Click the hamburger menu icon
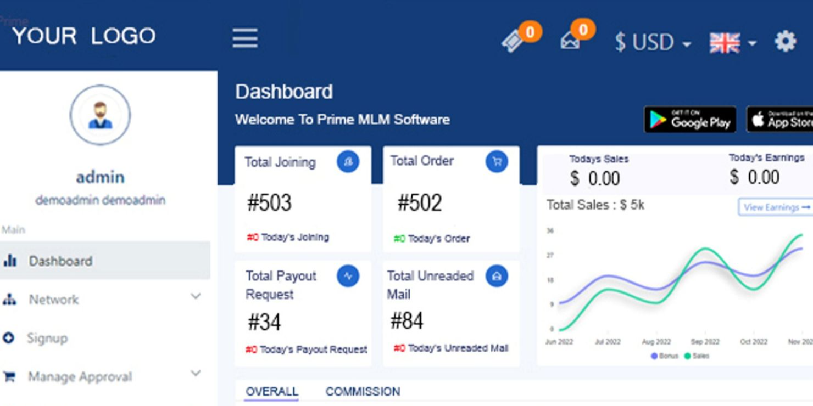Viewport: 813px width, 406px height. point(245,38)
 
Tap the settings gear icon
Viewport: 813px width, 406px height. point(786,41)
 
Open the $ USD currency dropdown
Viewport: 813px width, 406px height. point(652,42)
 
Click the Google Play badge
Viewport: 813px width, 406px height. point(690,120)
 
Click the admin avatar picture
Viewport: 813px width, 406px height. point(100,115)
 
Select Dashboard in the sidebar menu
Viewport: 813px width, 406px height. point(60,261)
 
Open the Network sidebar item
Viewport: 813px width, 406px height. point(54,300)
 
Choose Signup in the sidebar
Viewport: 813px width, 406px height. point(47,338)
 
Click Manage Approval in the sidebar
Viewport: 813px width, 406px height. point(80,377)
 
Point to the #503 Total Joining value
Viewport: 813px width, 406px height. point(269,203)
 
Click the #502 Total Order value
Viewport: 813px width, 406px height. point(420,203)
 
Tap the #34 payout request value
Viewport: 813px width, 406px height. point(264,323)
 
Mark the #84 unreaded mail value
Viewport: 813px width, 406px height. point(406,321)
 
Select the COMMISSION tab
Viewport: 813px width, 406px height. point(363,392)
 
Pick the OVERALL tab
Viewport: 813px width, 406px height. point(272,392)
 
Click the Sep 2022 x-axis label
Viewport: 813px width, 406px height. point(705,342)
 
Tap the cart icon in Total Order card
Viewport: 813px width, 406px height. point(497,161)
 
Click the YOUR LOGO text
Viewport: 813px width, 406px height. point(83,36)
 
